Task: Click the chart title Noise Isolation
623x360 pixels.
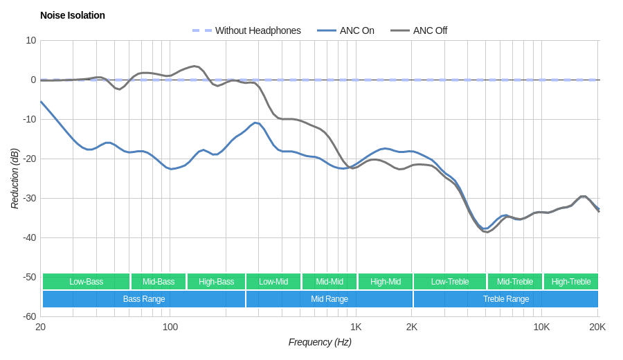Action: point(73,15)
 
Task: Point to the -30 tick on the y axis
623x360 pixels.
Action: point(29,198)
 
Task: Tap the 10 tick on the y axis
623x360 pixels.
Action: point(31,40)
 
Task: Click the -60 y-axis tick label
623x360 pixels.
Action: point(29,316)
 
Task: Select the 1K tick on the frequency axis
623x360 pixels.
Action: point(356,327)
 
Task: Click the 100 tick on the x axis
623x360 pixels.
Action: point(170,327)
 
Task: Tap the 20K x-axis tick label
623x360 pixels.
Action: point(597,327)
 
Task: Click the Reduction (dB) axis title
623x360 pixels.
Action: point(15,179)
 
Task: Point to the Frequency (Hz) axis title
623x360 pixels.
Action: point(320,342)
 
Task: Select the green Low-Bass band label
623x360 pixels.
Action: point(86,282)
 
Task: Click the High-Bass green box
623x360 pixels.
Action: point(216,282)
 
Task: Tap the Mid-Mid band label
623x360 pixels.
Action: point(329,282)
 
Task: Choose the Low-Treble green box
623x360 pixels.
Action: point(450,282)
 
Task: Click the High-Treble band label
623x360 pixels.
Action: point(571,282)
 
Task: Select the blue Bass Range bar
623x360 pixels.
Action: point(144,299)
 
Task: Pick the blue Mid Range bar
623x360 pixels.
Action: point(329,299)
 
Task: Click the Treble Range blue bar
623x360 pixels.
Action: point(506,299)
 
